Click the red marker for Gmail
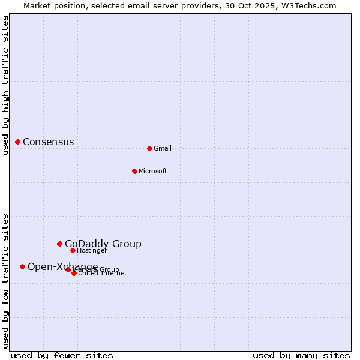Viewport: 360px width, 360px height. pos(149,148)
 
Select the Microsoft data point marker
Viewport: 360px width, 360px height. pos(134,171)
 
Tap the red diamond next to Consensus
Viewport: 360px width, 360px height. pos(18,142)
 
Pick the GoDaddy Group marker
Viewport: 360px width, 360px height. pos(59,244)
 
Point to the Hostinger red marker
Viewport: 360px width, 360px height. pos(73,250)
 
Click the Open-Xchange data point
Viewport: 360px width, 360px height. pos(22,266)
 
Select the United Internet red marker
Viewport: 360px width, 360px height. pos(74,273)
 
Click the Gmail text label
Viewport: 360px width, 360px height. pos(163,148)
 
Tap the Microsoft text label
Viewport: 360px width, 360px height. pos(153,171)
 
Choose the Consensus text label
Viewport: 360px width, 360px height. pos(49,142)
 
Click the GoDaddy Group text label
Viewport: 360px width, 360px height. pos(103,244)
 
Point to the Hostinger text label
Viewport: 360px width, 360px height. pos(92,250)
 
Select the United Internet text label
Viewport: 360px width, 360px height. pos(103,274)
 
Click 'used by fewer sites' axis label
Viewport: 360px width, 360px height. pos(62,355)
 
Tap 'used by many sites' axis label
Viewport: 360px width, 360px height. pos(301,355)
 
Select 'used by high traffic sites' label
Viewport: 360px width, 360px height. pos(5,85)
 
